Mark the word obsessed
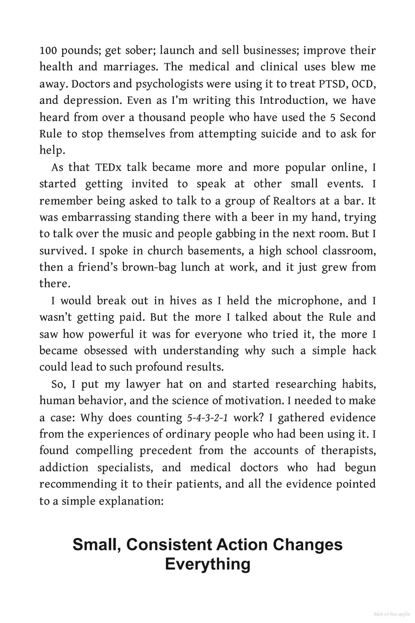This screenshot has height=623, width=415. click(x=105, y=351)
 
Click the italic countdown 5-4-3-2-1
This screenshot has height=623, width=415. click(x=207, y=418)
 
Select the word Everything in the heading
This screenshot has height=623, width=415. click(x=207, y=564)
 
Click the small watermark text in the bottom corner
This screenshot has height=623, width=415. click(x=392, y=614)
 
